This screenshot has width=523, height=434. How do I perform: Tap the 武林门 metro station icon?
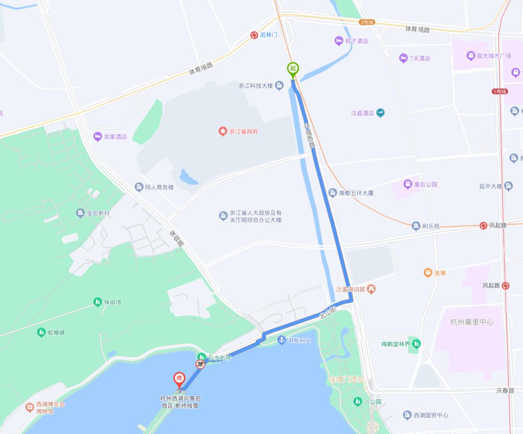(254, 35)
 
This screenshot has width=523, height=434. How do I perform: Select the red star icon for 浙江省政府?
(222, 131)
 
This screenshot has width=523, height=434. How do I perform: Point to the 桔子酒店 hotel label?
(356, 41)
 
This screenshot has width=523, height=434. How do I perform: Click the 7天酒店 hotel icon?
(403, 58)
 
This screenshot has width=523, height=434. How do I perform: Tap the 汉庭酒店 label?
(363, 113)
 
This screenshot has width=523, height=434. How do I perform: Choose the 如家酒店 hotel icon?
(97, 136)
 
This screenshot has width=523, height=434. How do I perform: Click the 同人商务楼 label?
(159, 187)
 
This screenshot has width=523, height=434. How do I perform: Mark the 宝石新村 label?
(98, 213)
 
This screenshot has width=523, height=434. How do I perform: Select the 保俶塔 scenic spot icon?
(98, 302)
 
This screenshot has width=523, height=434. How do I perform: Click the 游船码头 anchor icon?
(281, 340)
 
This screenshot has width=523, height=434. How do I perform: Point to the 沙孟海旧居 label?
(351, 289)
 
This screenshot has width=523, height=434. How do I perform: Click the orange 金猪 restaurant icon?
(428, 273)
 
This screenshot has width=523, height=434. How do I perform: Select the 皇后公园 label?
(426, 184)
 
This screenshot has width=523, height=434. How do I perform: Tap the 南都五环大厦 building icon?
(332, 193)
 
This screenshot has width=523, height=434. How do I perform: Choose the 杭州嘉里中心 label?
(472, 322)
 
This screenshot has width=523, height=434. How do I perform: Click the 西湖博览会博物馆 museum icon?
(30, 407)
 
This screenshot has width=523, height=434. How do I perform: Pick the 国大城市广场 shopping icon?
(470, 56)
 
